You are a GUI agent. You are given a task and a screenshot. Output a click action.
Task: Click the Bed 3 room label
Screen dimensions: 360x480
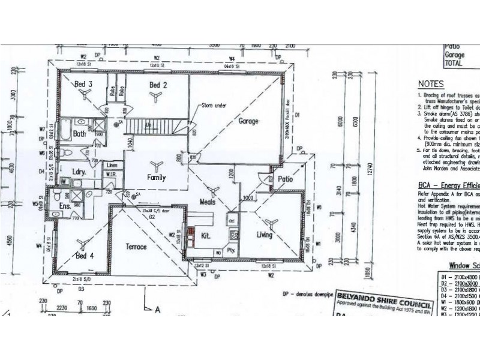point(83,84)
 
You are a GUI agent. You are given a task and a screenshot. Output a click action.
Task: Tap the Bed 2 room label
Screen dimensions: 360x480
point(158,85)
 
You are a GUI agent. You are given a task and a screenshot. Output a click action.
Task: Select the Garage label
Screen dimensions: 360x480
point(248,121)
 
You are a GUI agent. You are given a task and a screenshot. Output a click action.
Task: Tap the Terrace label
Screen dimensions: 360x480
point(136,246)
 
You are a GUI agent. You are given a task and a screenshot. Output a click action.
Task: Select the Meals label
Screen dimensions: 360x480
point(208,203)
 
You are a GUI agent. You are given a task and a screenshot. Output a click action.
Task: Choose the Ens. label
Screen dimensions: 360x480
point(65,208)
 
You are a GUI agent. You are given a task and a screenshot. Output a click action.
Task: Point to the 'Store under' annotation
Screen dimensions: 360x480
point(214,106)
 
